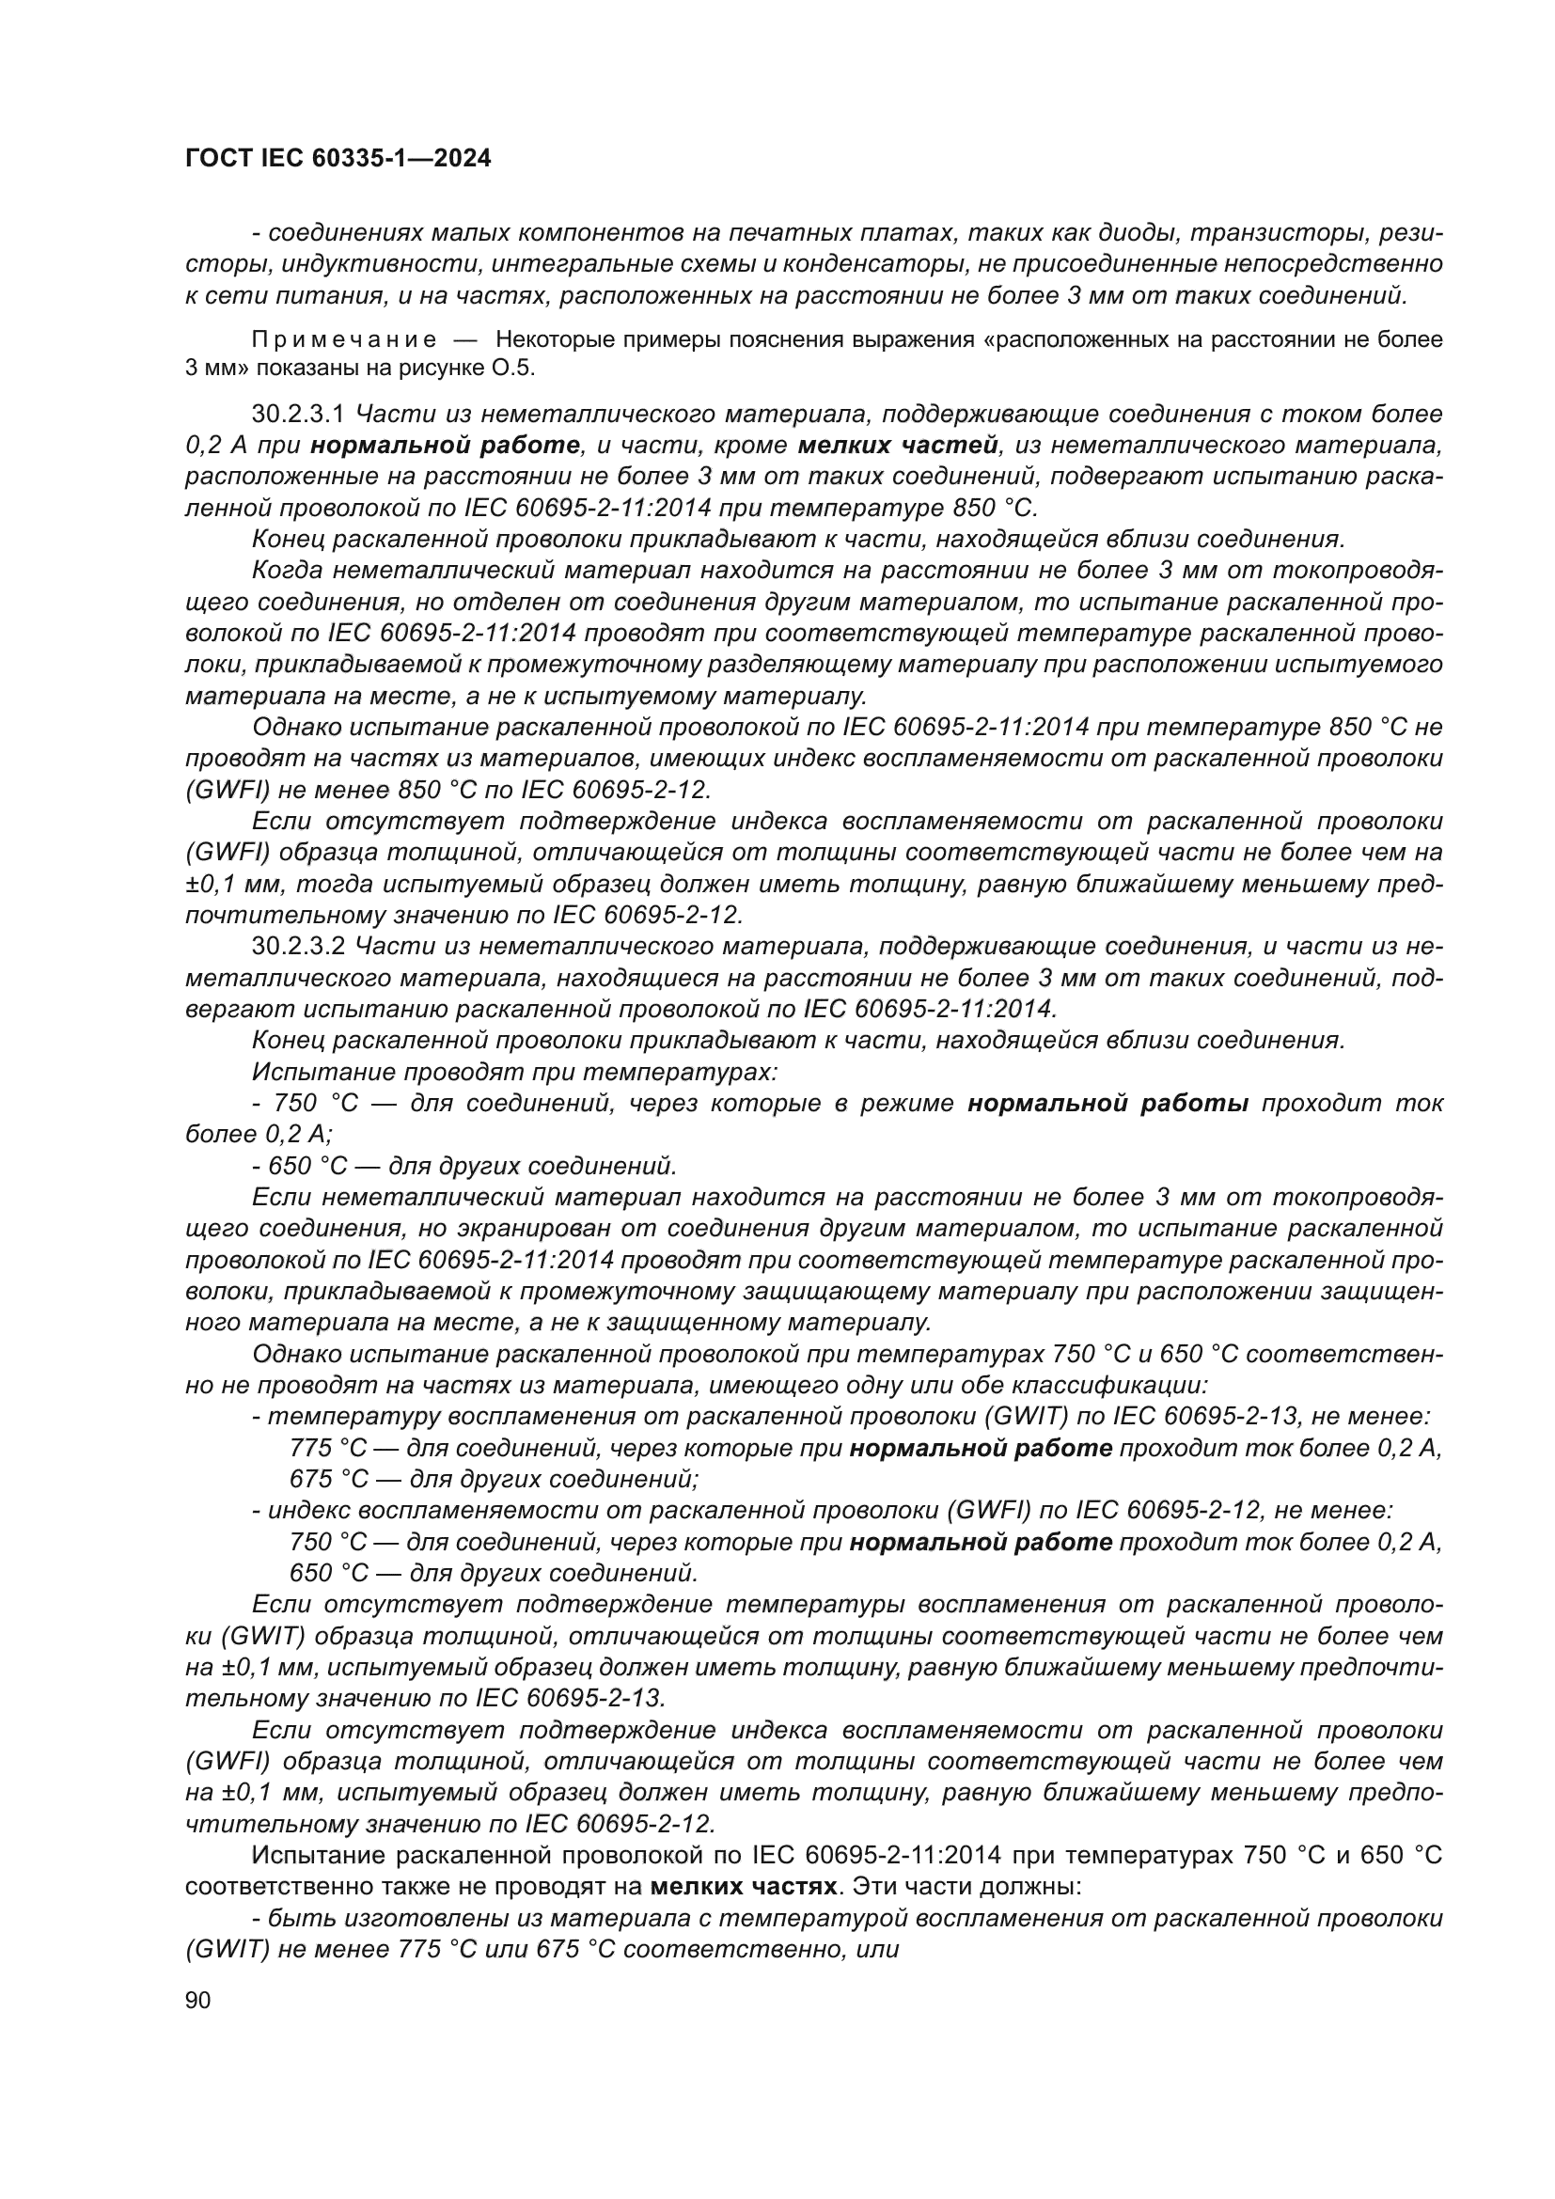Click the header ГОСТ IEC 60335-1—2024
pos(338,159)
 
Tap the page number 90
pos(198,2000)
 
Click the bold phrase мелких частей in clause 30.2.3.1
pos(899,446)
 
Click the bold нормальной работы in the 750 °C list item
pos(1107,1104)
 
